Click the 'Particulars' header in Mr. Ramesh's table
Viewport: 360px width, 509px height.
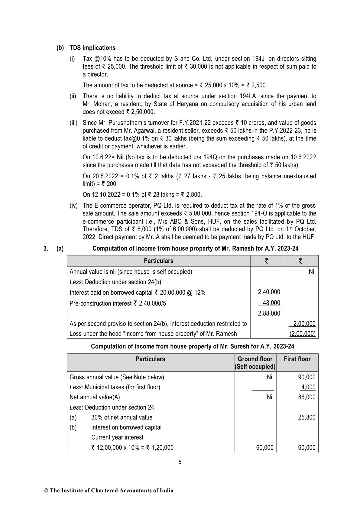tap(158, 261)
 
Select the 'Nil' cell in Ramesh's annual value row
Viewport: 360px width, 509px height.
tap(312, 271)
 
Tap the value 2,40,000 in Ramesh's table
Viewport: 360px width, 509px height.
tap(269, 292)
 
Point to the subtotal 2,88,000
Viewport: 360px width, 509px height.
tap(269, 313)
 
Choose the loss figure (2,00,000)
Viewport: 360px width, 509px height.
tap(302, 334)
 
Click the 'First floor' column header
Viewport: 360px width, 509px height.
tap(297, 359)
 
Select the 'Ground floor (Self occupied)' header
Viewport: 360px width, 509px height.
tap(255, 363)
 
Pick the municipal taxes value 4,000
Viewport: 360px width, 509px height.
tap(308, 387)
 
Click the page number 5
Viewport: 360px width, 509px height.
tap(180, 462)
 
